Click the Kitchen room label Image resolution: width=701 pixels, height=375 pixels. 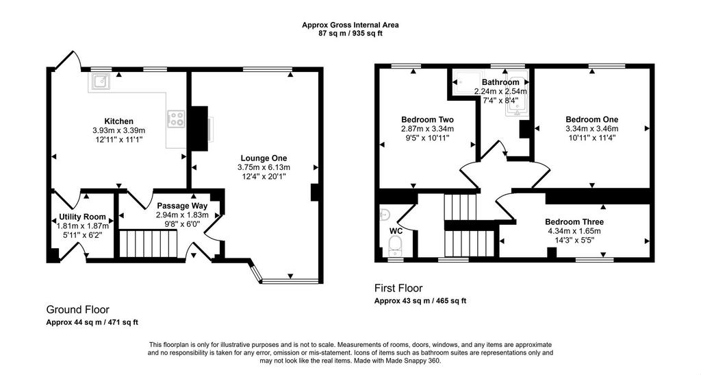(x=118, y=121)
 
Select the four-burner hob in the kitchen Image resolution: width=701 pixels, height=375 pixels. (x=176, y=119)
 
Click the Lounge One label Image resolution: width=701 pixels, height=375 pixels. (x=264, y=158)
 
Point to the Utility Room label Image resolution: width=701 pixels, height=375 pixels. (x=83, y=217)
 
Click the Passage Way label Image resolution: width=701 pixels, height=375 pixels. (x=182, y=206)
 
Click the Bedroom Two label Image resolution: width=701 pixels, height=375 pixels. (x=427, y=119)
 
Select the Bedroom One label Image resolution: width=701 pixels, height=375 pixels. (x=592, y=119)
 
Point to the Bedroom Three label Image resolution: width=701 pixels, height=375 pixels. (x=574, y=222)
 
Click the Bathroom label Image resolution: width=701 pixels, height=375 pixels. (x=500, y=82)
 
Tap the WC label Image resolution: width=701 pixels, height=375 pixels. (x=396, y=231)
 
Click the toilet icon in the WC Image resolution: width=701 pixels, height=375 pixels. (x=395, y=245)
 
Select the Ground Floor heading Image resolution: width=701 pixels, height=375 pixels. (x=78, y=310)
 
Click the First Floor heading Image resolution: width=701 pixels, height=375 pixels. (x=398, y=288)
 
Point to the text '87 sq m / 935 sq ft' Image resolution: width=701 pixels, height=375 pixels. (x=350, y=33)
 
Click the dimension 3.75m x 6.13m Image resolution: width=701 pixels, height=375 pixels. (x=264, y=167)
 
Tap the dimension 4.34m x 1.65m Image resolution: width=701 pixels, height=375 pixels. (x=574, y=231)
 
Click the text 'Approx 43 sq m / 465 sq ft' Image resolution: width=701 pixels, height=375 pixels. (x=420, y=301)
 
